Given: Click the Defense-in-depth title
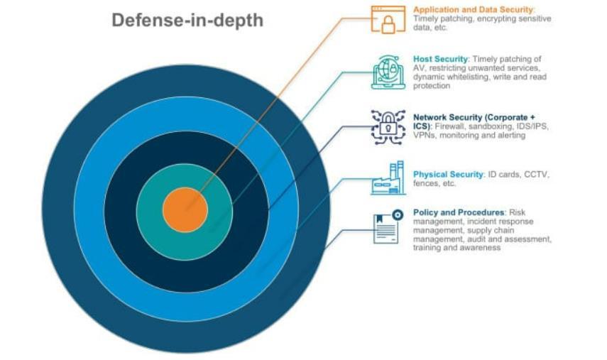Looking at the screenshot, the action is (x=187, y=21).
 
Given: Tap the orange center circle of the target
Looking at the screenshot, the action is (x=185, y=210).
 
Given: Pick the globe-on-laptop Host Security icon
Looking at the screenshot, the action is (x=388, y=71).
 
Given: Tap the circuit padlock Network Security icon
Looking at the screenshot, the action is (x=388, y=127).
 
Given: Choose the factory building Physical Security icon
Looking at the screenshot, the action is (x=388, y=178).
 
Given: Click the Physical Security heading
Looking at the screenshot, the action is (x=448, y=174).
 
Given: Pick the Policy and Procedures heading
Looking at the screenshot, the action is (x=459, y=212).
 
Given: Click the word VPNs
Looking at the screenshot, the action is (x=425, y=136).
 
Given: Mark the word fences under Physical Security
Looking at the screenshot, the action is (x=425, y=183).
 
